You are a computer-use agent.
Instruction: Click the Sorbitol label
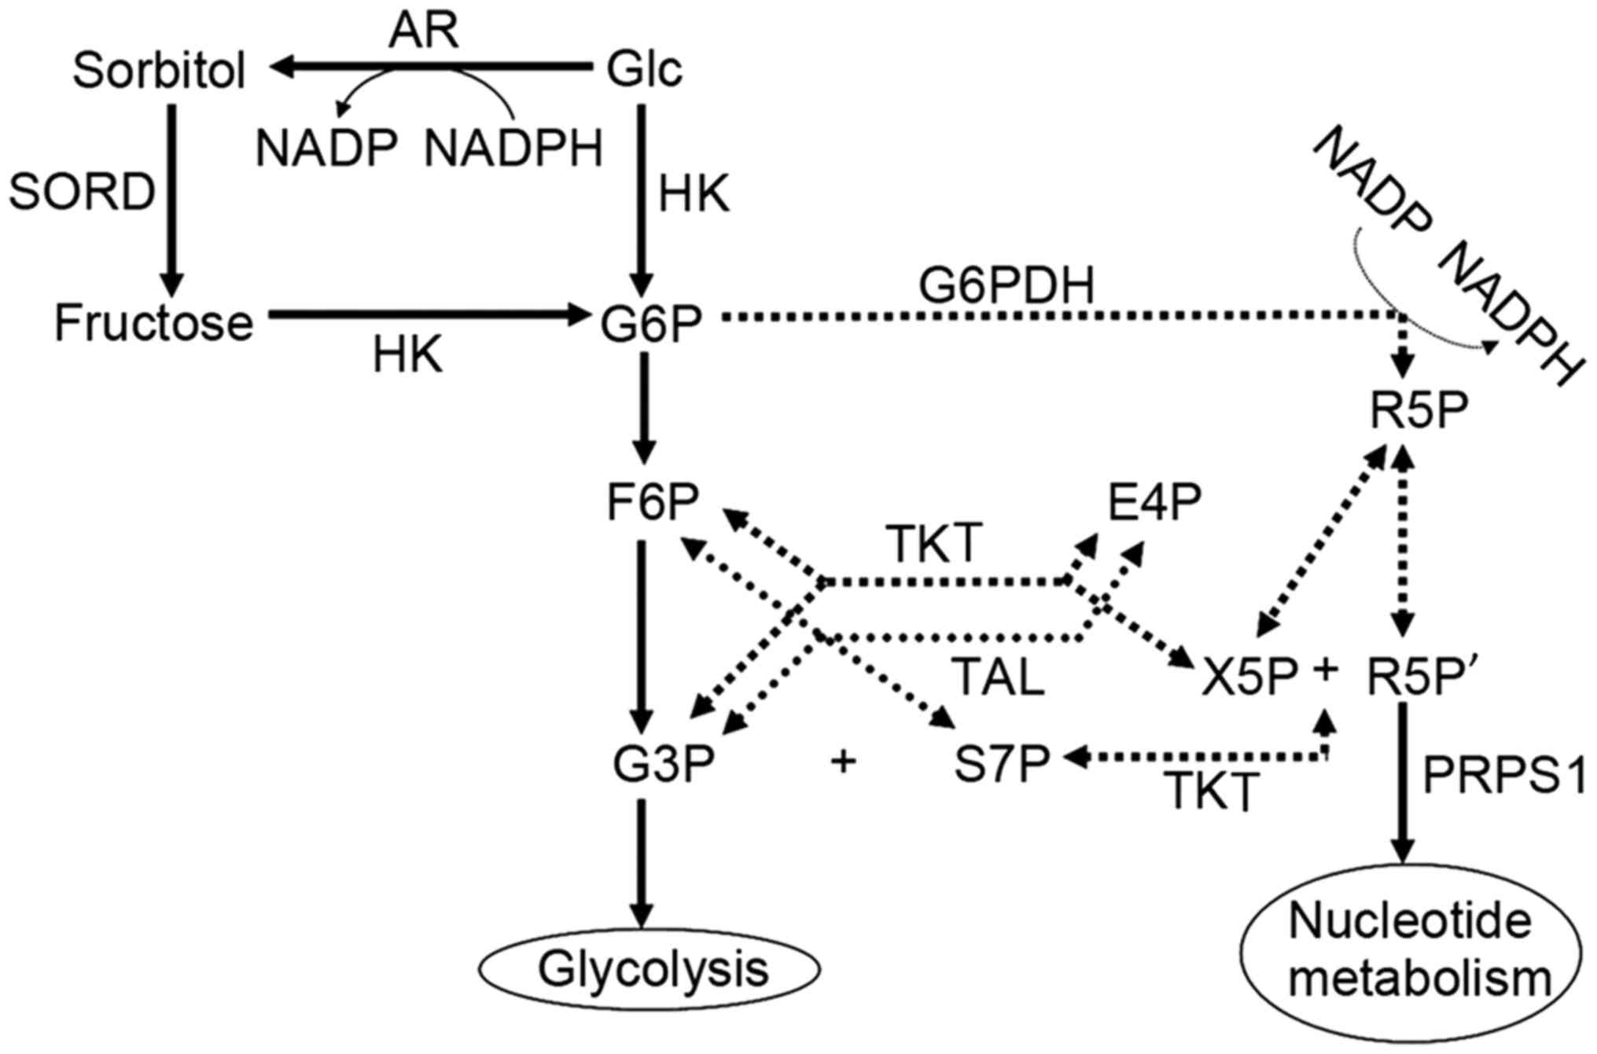click(x=160, y=71)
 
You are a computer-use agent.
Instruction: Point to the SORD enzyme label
click(x=82, y=192)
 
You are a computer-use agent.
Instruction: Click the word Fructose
click(x=154, y=323)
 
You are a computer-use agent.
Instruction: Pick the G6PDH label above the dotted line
click(x=1006, y=286)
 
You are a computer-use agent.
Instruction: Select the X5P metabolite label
click(x=1249, y=678)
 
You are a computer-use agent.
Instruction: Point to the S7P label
click(x=1002, y=764)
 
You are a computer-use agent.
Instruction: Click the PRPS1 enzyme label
click(x=1504, y=777)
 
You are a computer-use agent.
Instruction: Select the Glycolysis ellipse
click(x=651, y=970)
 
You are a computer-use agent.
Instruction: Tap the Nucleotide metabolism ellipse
click(x=1411, y=951)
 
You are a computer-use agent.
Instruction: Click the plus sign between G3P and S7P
click(x=843, y=761)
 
